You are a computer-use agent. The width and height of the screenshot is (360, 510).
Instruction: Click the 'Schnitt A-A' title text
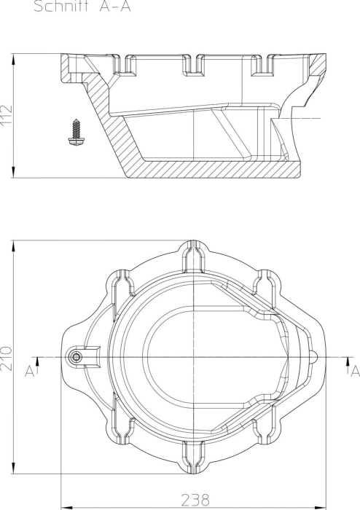coord(82,6)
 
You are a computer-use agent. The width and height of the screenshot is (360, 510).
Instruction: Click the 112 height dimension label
coord(6,114)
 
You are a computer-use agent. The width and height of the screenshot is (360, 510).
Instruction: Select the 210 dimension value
coord(6,358)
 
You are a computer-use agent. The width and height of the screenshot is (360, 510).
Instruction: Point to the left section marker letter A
coord(29,371)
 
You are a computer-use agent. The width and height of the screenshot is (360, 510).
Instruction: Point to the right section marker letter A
coord(355,371)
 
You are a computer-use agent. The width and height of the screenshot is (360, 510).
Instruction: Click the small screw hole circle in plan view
coord(76,357)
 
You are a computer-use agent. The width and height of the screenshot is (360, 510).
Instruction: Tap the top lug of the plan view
coord(194,257)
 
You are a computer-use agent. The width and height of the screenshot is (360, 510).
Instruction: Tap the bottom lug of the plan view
coord(194,457)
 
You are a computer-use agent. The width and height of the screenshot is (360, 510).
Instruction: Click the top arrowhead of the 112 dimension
coord(13,59)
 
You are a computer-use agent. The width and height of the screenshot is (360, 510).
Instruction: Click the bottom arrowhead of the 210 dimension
coord(13,468)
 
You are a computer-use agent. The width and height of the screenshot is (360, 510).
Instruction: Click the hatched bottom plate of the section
coord(215,169)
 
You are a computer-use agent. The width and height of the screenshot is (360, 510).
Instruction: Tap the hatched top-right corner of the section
coord(317,64)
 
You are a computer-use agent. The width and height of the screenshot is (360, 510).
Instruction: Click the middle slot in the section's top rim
coord(194,64)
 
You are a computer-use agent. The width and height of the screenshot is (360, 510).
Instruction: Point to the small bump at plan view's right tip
coord(315,357)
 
